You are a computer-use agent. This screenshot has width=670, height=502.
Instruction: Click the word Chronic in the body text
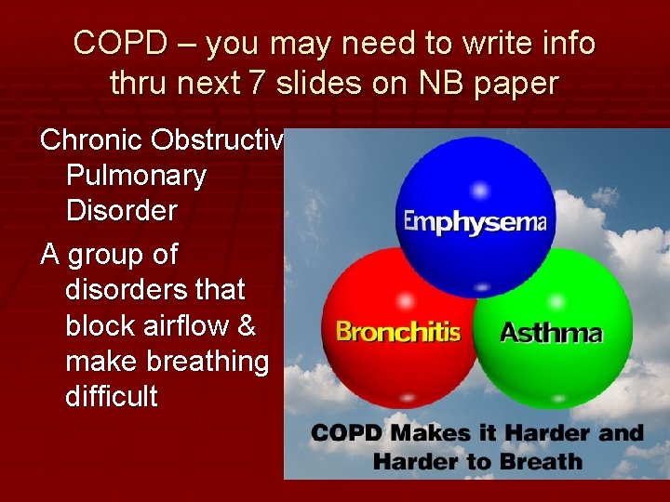87,140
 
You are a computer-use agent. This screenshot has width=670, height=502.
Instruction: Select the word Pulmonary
136,176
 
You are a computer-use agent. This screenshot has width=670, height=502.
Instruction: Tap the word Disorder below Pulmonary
121,211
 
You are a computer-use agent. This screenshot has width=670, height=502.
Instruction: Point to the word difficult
112,397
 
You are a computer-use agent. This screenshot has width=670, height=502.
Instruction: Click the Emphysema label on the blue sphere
475,222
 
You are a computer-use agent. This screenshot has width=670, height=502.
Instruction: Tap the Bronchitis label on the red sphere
398,332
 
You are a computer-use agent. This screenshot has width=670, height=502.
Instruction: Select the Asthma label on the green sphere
551,332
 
